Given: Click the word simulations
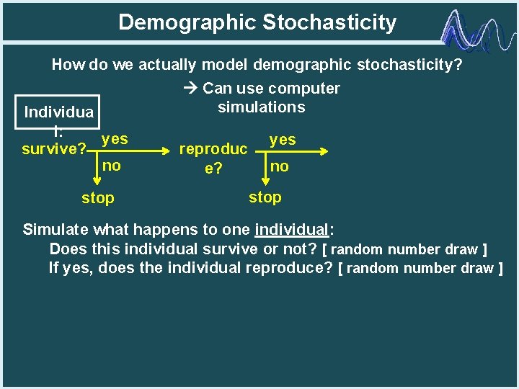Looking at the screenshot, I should tap(261, 107).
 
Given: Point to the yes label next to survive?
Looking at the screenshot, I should tap(115, 138).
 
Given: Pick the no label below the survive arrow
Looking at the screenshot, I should tap(111, 166).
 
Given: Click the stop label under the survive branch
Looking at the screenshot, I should tap(97, 197).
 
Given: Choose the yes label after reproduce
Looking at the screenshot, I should tap(282, 140).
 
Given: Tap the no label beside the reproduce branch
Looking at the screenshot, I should tap(279, 166).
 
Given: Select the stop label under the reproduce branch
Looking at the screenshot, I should tap(265, 197).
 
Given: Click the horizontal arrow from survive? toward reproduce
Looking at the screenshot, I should tap(130, 151).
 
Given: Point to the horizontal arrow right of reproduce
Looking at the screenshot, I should tap(296, 151).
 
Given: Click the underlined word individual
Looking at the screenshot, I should tap(291, 231).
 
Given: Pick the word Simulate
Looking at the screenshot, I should tap(55, 231).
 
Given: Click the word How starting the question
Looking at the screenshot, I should tap(68, 65).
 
